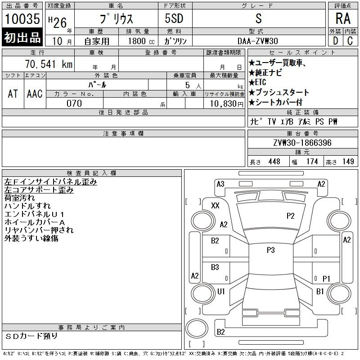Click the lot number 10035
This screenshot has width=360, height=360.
pyautogui.click(x=22, y=18)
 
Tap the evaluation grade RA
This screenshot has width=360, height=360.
pyautogui.click(x=343, y=18)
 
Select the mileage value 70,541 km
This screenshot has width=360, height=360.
pyautogui.click(x=49, y=64)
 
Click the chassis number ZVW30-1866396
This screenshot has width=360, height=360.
pyautogui.click(x=302, y=143)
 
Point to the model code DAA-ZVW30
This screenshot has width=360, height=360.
pyautogui.click(x=257, y=41)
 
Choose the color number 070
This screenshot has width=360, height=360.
pyautogui.click(x=74, y=103)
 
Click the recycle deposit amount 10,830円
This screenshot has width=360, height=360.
pyautogui.click(x=227, y=104)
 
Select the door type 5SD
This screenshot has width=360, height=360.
pyautogui.click(x=174, y=18)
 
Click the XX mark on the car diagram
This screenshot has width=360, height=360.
pyautogui.click(x=215, y=205)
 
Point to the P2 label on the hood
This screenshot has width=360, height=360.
pyautogui.click(x=290, y=216)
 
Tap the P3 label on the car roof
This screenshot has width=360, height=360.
pyautogui.click(x=271, y=250)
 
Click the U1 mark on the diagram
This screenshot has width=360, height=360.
pyautogui.click(x=221, y=291)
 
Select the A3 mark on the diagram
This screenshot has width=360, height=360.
pyautogui.click(x=220, y=184)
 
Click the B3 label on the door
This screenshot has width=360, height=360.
pyautogui.click(x=215, y=267)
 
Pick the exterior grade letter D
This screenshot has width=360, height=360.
pyautogui.click(x=335, y=41)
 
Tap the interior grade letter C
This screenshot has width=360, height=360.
pyautogui.click(x=350, y=41)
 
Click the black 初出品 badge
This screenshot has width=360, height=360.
pyautogui.click(x=22, y=37)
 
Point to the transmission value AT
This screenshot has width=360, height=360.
pyautogui.click(x=13, y=94)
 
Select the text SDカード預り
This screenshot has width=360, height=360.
pyautogui.click(x=31, y=336)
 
